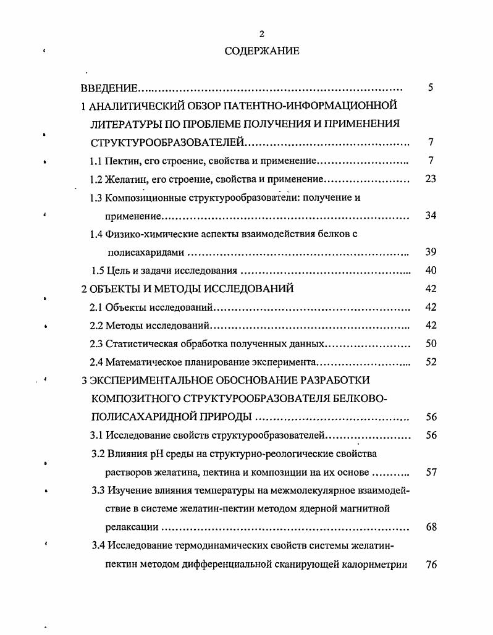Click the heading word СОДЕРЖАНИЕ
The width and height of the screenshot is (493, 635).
(262, 51)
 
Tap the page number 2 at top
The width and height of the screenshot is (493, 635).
(262, 34)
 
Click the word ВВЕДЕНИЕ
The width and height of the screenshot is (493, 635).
(109, 88)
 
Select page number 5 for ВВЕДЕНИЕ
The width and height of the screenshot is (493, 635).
(431, 88)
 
